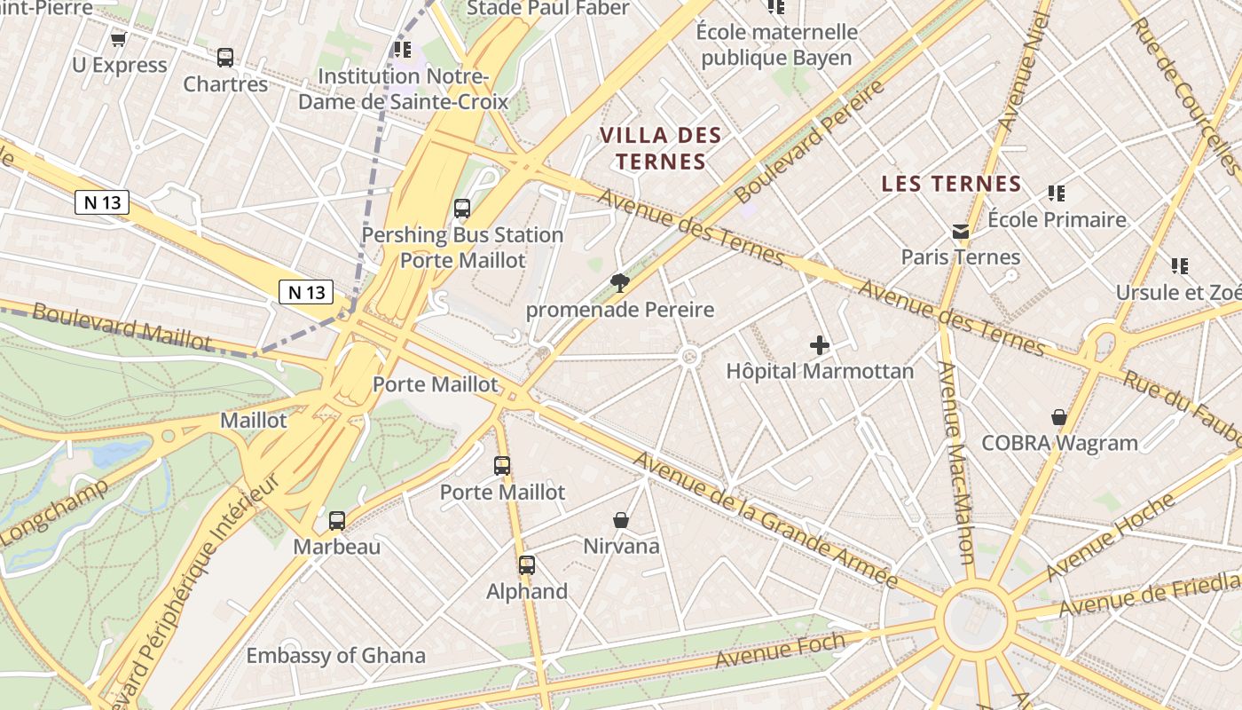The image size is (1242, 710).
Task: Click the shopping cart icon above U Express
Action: pos(118,39)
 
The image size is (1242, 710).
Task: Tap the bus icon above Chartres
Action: pos(225,58)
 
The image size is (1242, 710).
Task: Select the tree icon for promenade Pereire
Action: pos(620,283)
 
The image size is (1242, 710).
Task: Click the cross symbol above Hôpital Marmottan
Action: pos(820,345)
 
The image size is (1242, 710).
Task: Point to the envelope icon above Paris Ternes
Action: pos(961,232)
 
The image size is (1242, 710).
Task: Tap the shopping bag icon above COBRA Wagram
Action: pos(1058,417)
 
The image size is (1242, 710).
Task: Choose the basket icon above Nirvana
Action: pos(621,520)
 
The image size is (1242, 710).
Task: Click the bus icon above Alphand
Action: pos(527,565)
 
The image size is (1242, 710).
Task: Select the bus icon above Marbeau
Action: pos(337,521)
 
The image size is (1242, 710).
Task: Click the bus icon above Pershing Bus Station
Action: pos(462,209)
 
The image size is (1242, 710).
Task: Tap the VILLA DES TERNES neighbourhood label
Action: pos(660,148)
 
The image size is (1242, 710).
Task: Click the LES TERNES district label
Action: pos(951,184)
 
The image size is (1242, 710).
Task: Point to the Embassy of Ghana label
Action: pos(335,656)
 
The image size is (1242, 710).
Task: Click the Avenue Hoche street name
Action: pos(1111,537)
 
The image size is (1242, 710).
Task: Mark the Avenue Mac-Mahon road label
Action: pos(956,461)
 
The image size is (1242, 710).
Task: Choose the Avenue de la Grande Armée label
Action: pos(766,519)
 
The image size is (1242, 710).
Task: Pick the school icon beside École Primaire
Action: pos(1056,193)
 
